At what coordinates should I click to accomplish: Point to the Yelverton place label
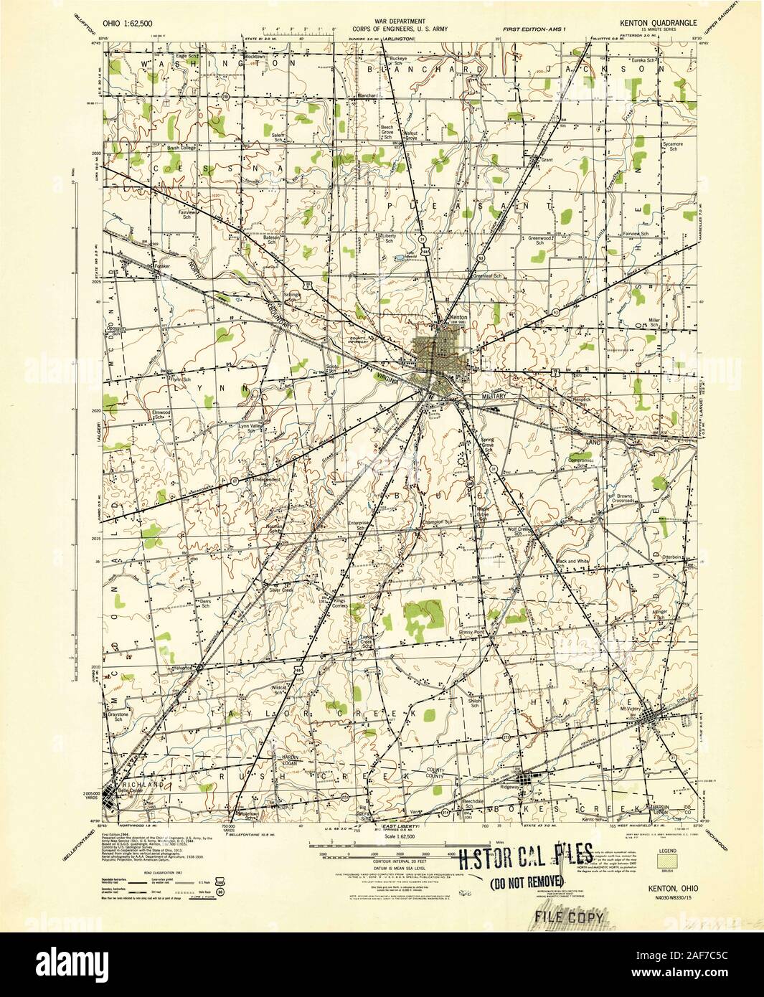point(183,666)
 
